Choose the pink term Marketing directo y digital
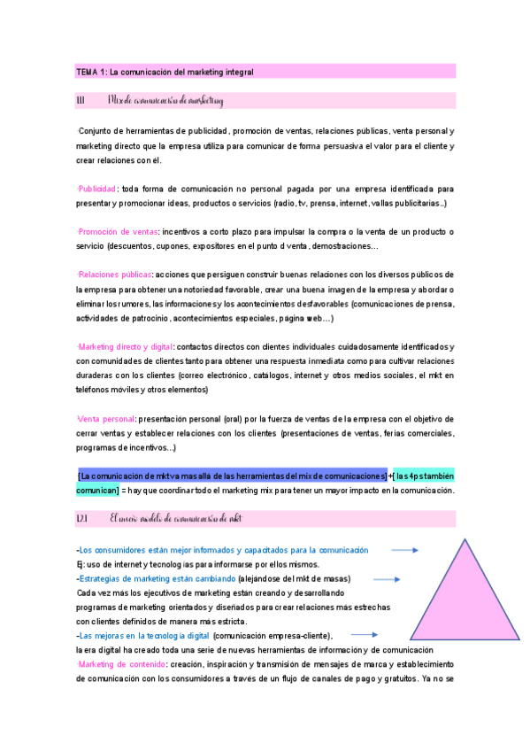coord(125,346)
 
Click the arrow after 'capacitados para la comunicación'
coord(404,551)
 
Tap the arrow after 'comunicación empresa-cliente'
coord(365,635)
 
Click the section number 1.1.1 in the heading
coord(81,101)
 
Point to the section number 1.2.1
coord(81,519)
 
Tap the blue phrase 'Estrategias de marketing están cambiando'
coord(146,579)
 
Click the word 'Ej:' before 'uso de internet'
coord(81,565)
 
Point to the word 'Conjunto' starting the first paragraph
coord(95,131)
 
